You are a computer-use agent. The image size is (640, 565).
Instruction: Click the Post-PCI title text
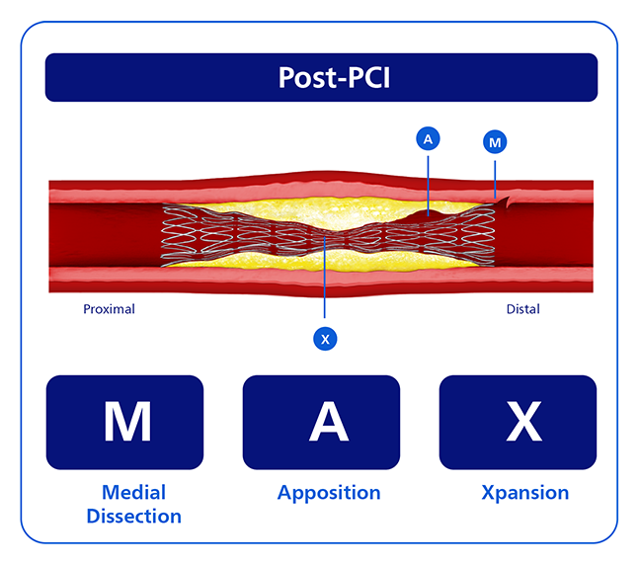click(x=334, y=77)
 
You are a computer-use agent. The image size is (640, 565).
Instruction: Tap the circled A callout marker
click(x=428, y=139)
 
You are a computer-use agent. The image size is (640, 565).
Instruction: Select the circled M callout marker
click(x=495, y=142)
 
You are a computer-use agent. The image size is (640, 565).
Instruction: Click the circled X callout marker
click(x=325, y=339)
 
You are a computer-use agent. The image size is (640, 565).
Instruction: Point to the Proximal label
click(x=109, y=309)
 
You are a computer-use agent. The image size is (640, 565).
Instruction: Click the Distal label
click(x=522, y=309)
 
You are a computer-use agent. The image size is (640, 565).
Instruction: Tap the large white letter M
click(x=127, y=422)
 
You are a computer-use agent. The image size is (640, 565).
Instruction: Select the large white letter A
click(x=329, y=422)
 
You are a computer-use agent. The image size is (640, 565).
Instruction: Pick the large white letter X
click(x=524, y=422)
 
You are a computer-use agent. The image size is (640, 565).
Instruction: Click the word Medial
click(x=134, y=492)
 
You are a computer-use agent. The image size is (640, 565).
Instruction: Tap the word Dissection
click(x=134, y=516)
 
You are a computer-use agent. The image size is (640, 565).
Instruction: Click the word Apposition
click(x=329, y=493)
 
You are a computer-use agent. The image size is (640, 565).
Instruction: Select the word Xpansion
click(x=525, y=493)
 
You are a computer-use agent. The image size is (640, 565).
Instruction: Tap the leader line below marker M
click(x=495, y=180)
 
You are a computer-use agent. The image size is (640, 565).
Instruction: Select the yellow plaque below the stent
click(x=322, y=262)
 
